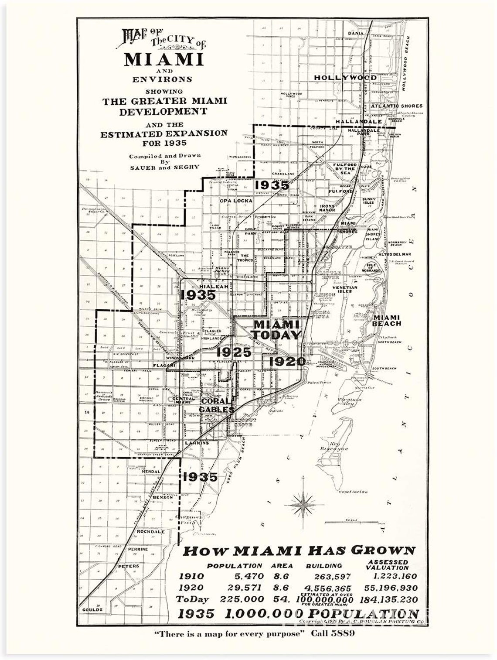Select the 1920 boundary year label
tap(287, 361)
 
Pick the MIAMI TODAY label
tap(277, 330)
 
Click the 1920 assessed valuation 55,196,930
tap(387, 588)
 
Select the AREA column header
tap(282, 566)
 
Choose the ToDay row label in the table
tap(193, 599)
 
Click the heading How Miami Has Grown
tap(299, 551)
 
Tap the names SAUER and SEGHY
tap(164, 167)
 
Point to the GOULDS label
tap(92, 609)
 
